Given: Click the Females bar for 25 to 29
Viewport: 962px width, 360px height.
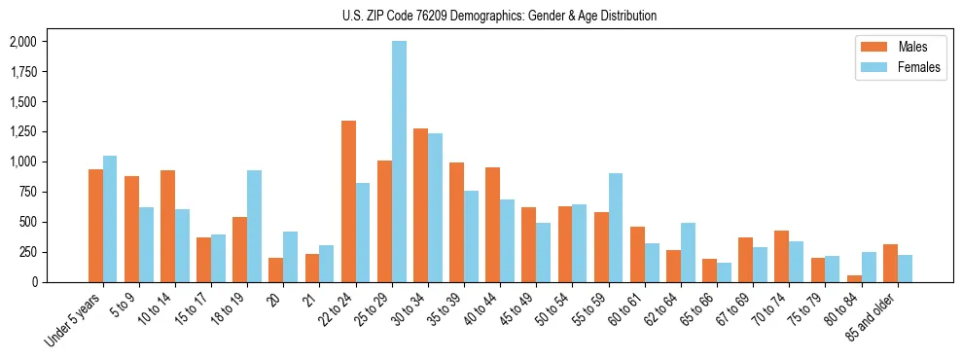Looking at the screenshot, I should coord(399,162).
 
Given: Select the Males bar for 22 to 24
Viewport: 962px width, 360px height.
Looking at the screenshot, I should coord(348,201).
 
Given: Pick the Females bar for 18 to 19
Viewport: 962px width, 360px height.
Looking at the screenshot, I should coord(254,226).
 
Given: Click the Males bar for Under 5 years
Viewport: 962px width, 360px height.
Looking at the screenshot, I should coord(95,226).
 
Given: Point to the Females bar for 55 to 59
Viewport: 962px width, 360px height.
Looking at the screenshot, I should coord(615,228).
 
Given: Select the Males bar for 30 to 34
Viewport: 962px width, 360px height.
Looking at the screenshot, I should coord(420,205).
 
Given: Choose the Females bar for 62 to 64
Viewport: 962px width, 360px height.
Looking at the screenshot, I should coord(688,252).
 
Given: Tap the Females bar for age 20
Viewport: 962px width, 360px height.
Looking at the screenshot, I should coord(290,257).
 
